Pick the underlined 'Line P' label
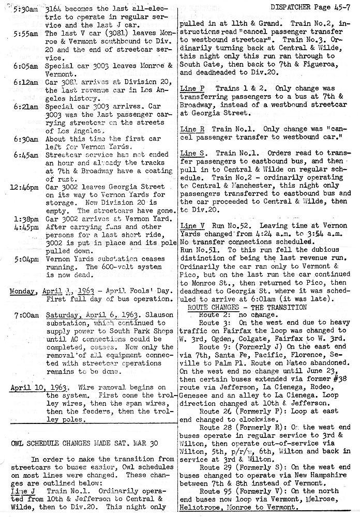click(x=191, y=88)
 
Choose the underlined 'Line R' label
click(x=191, y=129)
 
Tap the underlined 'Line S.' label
click(x=193, y=154)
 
